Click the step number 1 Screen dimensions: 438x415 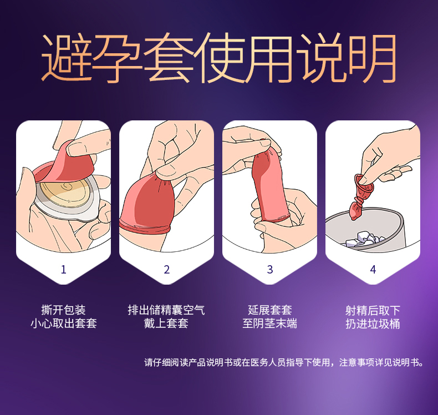(x=63, y=270)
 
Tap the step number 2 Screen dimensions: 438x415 (x=167, y=270)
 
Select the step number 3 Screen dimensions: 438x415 (x=270, y=270)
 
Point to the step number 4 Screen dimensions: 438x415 (x=373, y=270)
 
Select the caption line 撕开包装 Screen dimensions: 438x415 (x=63, y=310)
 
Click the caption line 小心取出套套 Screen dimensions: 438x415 (x=63, y=323)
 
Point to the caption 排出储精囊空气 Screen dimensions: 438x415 (x=166, y=310)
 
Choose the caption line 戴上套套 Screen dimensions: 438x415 (x=166, y=323)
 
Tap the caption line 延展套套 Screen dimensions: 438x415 (x=270, y=310)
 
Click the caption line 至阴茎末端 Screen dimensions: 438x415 (x=270, y=323)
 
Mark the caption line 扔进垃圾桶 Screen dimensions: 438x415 (x=373, y=324)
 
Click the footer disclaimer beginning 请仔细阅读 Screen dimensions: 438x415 (x=284, y=362)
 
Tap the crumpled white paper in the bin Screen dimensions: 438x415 (x=363, y=239)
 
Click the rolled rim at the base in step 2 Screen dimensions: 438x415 (x=144, y=226)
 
